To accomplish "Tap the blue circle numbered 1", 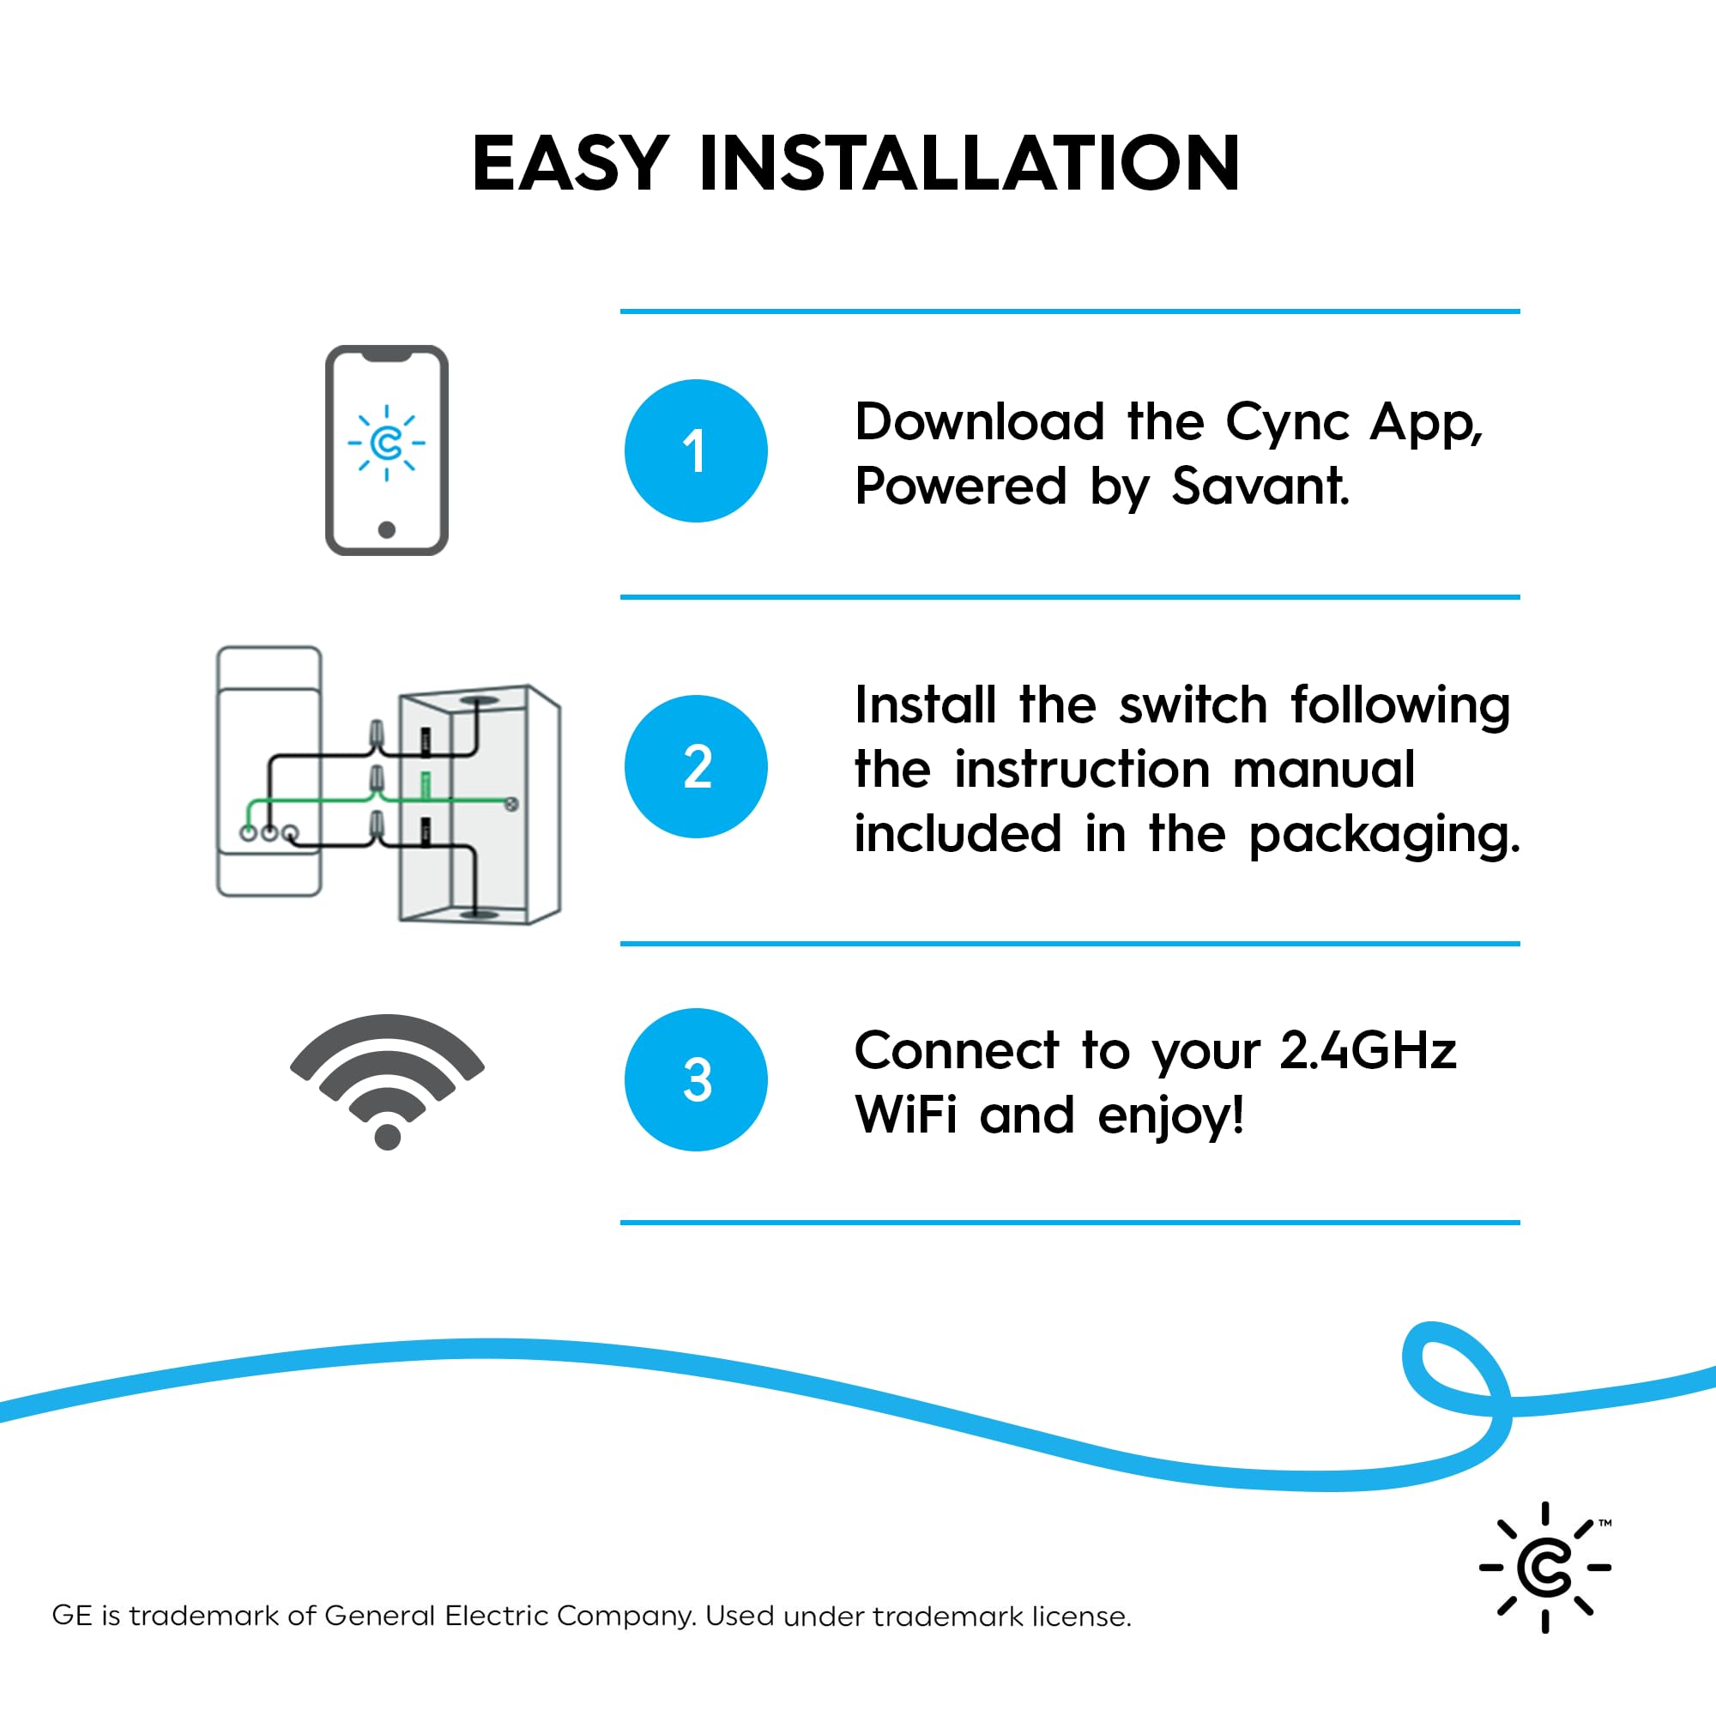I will click(696, 451).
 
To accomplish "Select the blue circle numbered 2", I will click(696, 766).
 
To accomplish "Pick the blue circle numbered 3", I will click(696, 1080).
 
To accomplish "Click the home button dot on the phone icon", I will click(386, 530).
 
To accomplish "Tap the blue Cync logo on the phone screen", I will click(386, 444).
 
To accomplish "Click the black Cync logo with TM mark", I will click(1545, 1567).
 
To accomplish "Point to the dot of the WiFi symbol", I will click(387, 1136).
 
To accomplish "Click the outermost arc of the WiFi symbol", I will click(387, 1030).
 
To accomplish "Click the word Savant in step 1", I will click(1260, 486).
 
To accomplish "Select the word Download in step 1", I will click(979, 422).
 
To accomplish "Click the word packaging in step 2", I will click(1384, 835).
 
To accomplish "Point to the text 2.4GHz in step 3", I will click(1368, 1051).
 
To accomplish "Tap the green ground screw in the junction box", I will click(511, 804).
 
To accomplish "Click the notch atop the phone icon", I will click(386, 355).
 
